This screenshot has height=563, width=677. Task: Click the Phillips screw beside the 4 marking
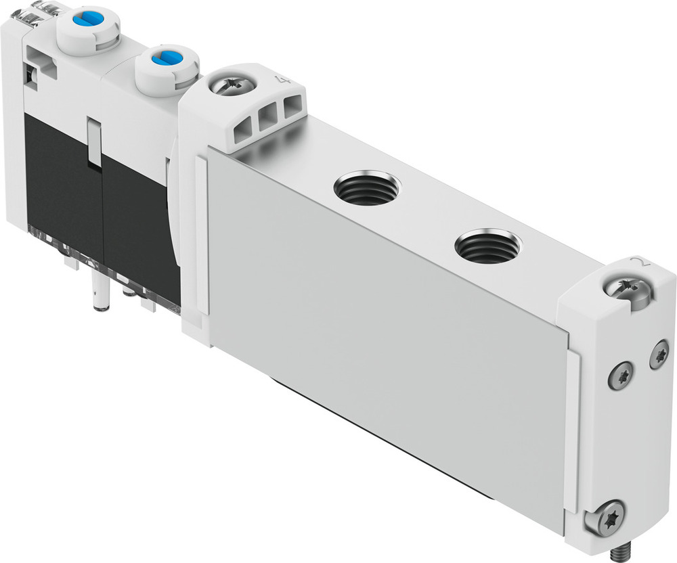tap(232, 86)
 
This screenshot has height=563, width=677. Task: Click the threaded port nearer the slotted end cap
tap(368, 188)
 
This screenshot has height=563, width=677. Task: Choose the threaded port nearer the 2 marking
tap(487, 247)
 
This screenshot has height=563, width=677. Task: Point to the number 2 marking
tap(635, 263)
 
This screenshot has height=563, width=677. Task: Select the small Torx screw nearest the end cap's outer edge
tap(659, 355)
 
